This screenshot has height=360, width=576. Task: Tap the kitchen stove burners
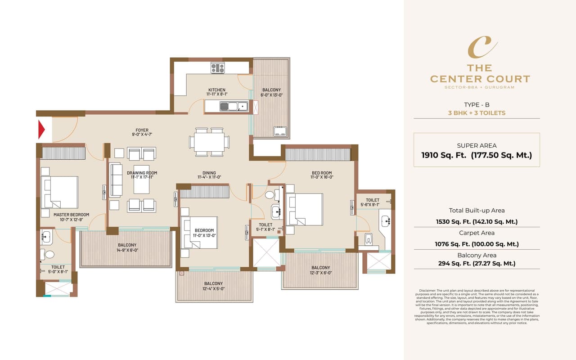pos(217,68)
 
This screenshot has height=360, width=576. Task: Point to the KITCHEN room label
pos(216,90)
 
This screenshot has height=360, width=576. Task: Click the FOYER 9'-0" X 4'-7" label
pos(142,133)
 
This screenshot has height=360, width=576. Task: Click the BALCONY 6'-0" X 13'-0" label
pos(271,92)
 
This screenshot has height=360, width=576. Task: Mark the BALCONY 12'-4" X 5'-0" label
pos(213,286)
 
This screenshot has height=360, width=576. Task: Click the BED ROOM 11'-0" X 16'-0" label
pos(322,175)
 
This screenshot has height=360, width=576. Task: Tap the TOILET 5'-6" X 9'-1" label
pos(372,202)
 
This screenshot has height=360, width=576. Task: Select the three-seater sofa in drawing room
pos(116,180)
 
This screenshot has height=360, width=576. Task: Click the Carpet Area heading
pos(477,233)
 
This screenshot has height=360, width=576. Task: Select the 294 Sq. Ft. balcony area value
pos(477,264)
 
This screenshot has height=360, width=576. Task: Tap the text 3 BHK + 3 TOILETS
pos(477,113)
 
